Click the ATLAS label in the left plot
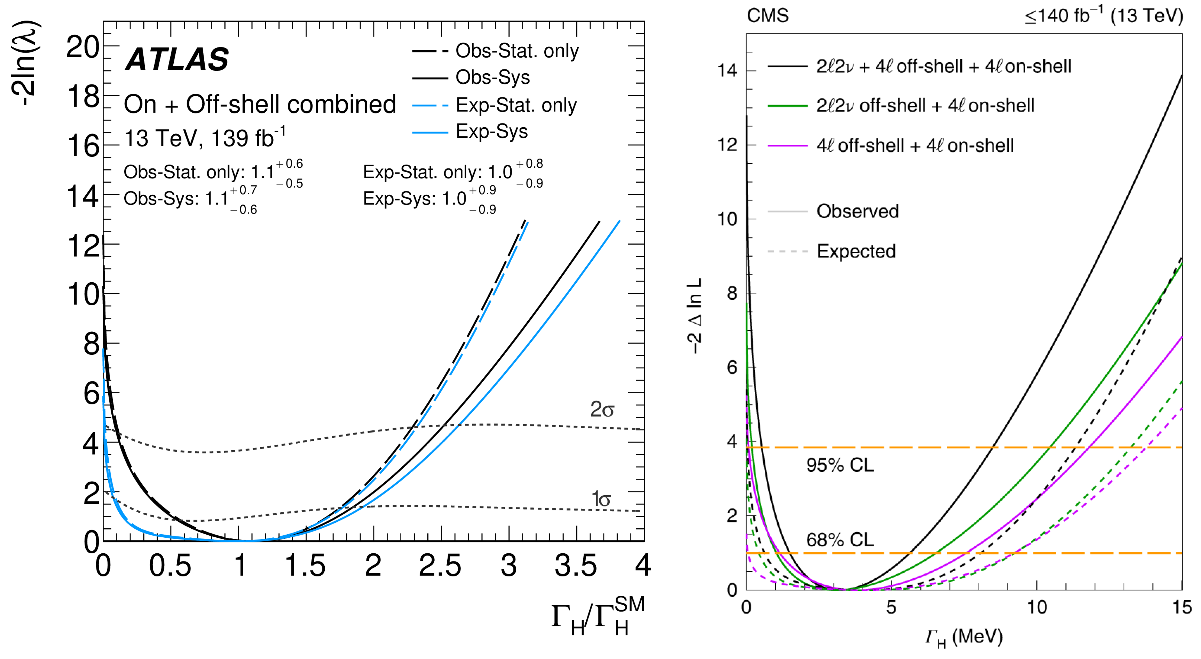177,60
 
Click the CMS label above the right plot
767,16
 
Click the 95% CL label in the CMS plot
840,465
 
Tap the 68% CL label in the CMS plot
840,540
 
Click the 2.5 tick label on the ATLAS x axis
440,566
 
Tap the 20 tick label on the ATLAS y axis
82,47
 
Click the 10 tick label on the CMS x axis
1036,607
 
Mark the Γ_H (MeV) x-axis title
964,638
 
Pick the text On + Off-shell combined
260,104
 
